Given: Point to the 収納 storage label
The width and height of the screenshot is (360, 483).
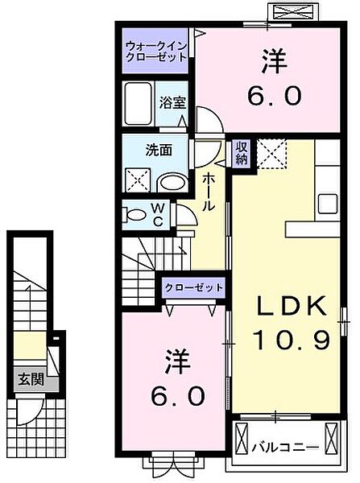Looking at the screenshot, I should pyautogui.click(x=241, y=151).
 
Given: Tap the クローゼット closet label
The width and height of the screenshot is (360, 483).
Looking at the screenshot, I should pyautogui.click(x=194, y=287).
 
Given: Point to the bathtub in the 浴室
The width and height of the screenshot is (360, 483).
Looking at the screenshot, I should pyautogui.click(x=139, y=102).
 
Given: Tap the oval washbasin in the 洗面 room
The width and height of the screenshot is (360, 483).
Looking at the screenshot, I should pyautogui.click(x=170, y=181).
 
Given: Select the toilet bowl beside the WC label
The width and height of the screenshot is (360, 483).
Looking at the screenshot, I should pyautogui.click(x=134, y=214).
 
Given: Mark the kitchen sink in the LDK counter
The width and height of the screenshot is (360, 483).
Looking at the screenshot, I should pyautogui.click(x=329, y=201).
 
